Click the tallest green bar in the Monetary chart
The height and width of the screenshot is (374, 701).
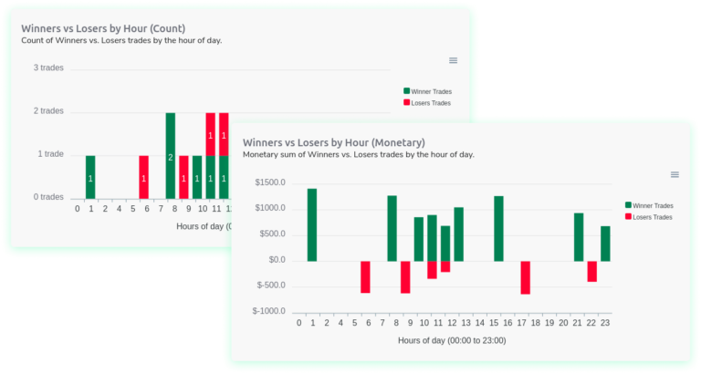(311, 224)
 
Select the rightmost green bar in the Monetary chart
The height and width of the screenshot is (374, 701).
(605, 244)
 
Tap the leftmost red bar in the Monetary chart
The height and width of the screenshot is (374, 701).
(365, 276)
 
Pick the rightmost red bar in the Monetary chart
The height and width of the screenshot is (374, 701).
(591, 271)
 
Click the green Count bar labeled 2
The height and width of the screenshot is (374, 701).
(170, 155)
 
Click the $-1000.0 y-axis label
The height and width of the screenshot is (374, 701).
(268, 311)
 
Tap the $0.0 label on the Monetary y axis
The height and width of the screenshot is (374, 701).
(275, 260)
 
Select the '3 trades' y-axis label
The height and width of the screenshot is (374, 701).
(47, 68)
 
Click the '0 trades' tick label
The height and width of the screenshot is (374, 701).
(47, 197)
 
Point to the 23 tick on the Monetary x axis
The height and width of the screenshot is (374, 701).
(605, 322)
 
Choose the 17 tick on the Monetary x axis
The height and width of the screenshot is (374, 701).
(525, 322)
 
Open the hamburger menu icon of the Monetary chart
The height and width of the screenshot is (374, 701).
(675, 174)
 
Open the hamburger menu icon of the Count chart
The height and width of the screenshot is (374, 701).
(453, 60)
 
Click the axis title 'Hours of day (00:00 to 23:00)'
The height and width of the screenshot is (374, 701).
(452, 340)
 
